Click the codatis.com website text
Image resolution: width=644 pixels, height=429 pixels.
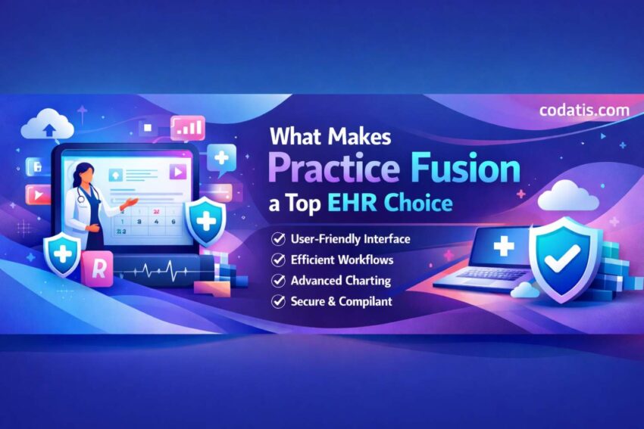click(584, 110)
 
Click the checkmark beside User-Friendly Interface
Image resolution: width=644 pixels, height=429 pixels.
click(278, 239)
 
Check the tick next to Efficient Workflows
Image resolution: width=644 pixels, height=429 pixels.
click(278, 260)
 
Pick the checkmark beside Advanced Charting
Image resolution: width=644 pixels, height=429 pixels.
click(278, 281)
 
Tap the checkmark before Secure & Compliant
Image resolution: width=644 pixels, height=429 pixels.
click(278, 301)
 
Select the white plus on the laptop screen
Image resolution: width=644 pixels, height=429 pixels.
click(503, 246)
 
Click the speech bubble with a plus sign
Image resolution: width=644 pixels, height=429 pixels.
click(222, 159)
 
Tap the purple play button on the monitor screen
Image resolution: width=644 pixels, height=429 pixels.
click(177, 172)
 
